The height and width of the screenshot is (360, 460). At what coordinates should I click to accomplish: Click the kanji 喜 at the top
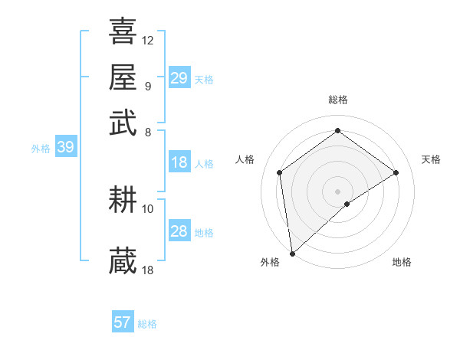pos(123,31)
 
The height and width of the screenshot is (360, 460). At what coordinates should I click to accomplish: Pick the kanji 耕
pos(123,201)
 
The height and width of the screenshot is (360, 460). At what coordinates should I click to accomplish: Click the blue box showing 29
pos(179,78)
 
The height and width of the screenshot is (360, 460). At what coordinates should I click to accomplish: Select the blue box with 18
pos(179,162)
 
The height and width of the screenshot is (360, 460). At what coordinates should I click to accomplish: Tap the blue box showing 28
pos(179,231)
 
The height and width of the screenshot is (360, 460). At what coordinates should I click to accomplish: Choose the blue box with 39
pos(65,148)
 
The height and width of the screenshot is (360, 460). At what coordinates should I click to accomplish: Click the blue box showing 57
pos(123,322)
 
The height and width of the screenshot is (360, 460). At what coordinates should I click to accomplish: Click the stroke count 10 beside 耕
pos(148,208)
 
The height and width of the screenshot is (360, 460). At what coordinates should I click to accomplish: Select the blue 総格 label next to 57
pos(147,324)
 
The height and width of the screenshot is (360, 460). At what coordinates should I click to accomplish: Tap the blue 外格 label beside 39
pos(41,149)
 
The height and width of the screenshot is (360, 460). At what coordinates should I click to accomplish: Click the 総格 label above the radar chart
pos(337,100)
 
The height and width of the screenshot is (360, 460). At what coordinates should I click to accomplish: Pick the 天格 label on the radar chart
pos(431,159)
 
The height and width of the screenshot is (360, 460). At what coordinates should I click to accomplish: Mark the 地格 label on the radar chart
pos(402,262)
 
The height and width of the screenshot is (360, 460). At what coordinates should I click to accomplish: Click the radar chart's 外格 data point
pos(292,254)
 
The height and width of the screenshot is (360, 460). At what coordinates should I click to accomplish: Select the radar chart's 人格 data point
pos(280,172)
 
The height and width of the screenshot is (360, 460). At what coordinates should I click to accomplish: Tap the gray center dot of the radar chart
pos(337,191)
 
